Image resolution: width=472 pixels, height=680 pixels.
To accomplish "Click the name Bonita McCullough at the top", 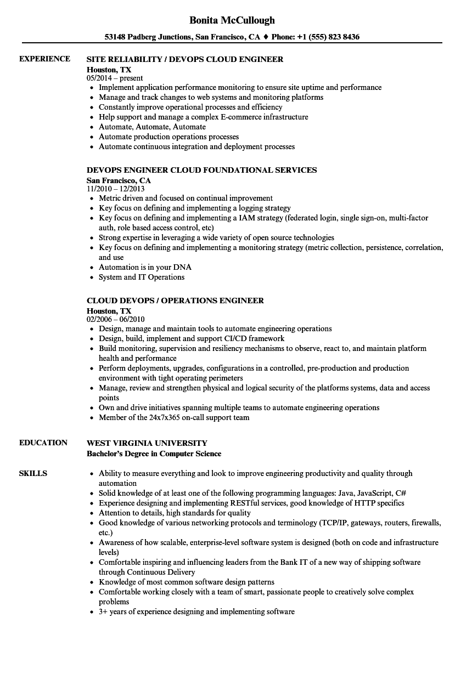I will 232,20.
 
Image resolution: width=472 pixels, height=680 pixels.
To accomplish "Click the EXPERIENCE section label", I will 44,59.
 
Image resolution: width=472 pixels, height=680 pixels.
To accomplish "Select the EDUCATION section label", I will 43,443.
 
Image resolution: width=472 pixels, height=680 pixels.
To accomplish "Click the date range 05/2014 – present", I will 115,78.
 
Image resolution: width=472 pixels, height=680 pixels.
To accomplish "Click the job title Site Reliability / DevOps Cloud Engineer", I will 185,59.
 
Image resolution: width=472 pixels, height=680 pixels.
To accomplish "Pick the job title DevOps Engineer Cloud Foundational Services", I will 201,170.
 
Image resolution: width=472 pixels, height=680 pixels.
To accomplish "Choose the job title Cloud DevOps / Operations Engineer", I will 175,301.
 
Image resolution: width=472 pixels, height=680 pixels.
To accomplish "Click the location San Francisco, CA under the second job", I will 119,180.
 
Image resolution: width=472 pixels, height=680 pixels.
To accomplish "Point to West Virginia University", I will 147,443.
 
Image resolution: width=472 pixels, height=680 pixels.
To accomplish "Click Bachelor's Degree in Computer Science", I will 154,454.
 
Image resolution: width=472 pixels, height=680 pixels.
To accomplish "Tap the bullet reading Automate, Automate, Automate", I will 152,127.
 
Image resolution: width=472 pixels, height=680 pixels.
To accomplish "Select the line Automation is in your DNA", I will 145,267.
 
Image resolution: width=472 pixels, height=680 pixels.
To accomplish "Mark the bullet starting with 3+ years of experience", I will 196,611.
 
